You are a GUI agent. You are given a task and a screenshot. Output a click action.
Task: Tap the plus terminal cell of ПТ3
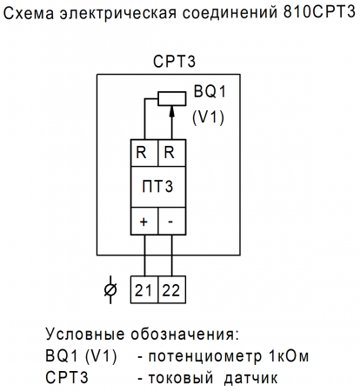(x=143, y=222)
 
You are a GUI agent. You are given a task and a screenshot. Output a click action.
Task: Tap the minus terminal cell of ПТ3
(x=171, y=222)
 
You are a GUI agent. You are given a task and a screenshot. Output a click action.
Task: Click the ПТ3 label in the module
(x=157, y=187)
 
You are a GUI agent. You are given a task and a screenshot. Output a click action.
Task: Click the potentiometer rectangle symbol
(x=170, y=97)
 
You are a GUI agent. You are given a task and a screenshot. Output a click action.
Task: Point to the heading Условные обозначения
(x=141, y=335)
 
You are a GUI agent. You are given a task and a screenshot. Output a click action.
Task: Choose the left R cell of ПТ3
(x=143, y=152)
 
